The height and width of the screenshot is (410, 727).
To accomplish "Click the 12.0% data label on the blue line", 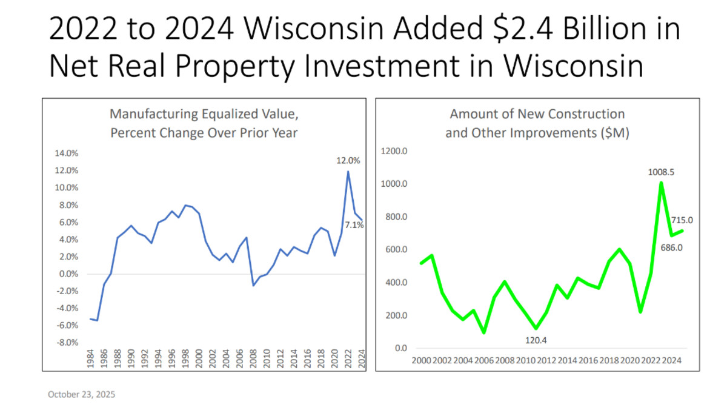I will (348, 161).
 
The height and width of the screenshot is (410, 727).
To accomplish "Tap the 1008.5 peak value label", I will (662, 172).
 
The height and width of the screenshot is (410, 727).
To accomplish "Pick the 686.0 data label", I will (670, 247).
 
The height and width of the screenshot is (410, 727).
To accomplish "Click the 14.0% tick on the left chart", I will (67, 153).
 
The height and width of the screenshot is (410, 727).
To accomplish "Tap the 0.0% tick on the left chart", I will (68, 274).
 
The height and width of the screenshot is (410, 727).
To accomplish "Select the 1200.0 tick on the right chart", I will (394, 151).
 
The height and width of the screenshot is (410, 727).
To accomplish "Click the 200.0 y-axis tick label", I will (396, 316).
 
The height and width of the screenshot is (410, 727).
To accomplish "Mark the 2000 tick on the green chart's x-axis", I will (421, 361).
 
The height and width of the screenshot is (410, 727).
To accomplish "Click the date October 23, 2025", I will (81, 394).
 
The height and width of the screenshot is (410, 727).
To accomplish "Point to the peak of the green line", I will (662, 183).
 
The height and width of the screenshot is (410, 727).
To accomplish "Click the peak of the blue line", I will (348, 172).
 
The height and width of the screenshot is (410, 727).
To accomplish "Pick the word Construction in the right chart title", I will (579, 113).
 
